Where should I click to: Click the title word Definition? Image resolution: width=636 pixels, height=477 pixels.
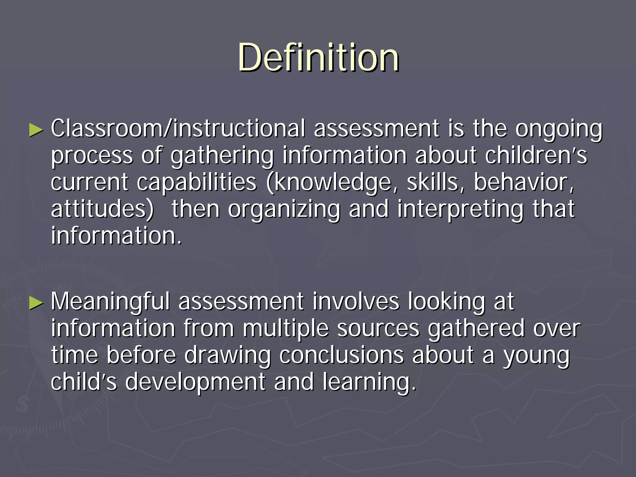318,58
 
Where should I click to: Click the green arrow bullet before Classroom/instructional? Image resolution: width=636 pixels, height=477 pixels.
36,130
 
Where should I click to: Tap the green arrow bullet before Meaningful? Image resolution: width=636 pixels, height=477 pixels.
36,303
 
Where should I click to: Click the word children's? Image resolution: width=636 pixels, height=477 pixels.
536,155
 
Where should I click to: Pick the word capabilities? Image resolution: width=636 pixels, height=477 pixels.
197,183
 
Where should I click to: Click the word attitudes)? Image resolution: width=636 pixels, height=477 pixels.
102,209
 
